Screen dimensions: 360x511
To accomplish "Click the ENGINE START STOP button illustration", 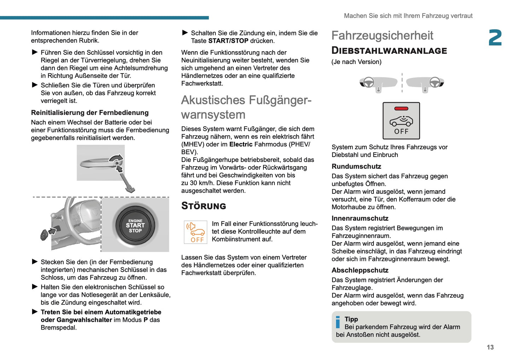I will point(135,225).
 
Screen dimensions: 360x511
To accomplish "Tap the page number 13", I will point(490,347).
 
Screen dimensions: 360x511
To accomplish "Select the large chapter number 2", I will point(495,38).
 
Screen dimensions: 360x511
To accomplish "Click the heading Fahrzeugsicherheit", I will point(382,36).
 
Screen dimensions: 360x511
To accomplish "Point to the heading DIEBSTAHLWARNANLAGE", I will point(389,51).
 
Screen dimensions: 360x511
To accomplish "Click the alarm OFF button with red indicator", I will point(401,121).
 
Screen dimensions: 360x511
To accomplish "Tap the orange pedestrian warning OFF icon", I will point(196,232).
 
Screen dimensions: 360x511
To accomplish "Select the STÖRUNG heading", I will point(203,206).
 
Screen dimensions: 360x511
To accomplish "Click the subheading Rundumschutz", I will point(356,167).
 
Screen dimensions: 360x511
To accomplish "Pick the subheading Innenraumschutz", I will point(360,219).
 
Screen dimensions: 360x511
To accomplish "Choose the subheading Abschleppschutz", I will point(360,271).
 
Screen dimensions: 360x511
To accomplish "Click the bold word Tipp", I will point(351,319).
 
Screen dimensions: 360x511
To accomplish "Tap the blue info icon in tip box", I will point(338,322).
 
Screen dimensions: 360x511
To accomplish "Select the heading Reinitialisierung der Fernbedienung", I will point(90,113).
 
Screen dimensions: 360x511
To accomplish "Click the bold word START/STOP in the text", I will point(228,41).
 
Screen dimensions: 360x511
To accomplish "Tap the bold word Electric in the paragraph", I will point(241,144).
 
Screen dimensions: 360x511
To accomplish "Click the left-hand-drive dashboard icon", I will point(378,83).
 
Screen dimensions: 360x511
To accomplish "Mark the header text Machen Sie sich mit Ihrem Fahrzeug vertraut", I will point(408,16).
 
